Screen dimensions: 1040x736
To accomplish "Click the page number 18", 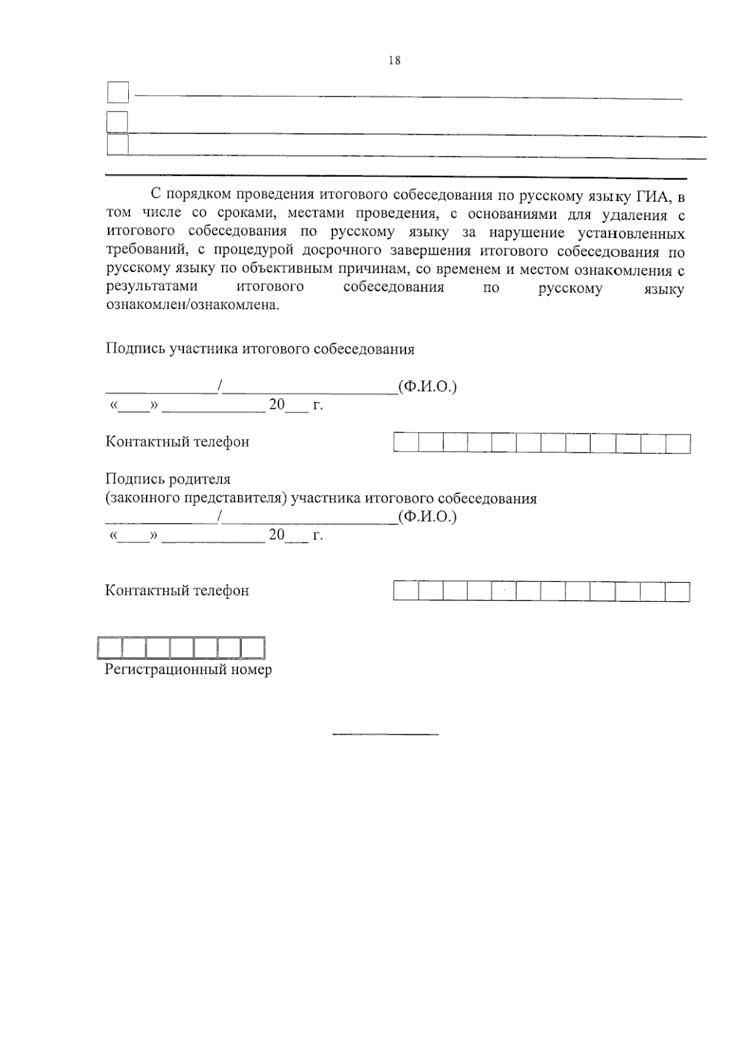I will [394, 60].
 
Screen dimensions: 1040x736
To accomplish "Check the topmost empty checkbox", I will [118, 93].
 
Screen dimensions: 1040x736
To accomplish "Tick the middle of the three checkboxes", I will [117, 121].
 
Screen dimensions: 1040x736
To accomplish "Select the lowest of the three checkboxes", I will [117, 145].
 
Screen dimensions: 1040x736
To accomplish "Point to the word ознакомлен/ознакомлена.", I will [192, 305].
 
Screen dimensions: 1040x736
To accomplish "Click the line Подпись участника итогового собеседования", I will [260, 349].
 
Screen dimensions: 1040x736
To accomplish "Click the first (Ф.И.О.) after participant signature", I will [427, 387].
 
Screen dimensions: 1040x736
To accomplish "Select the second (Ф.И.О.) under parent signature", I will [427, 517].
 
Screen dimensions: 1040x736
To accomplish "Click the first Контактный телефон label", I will [177, 442].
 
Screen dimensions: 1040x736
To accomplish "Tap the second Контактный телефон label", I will [177, 591].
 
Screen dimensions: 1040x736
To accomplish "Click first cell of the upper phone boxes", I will [406, 443].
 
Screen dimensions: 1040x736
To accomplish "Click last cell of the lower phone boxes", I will [678, 591].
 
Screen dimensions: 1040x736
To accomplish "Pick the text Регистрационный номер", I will [188, 669].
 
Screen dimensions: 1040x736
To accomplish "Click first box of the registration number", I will [110, 648].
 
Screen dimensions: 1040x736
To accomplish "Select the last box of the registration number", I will [253, 648].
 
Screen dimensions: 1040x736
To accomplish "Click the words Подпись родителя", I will [168, 479].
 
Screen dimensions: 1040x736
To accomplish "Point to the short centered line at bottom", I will [385, 734].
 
